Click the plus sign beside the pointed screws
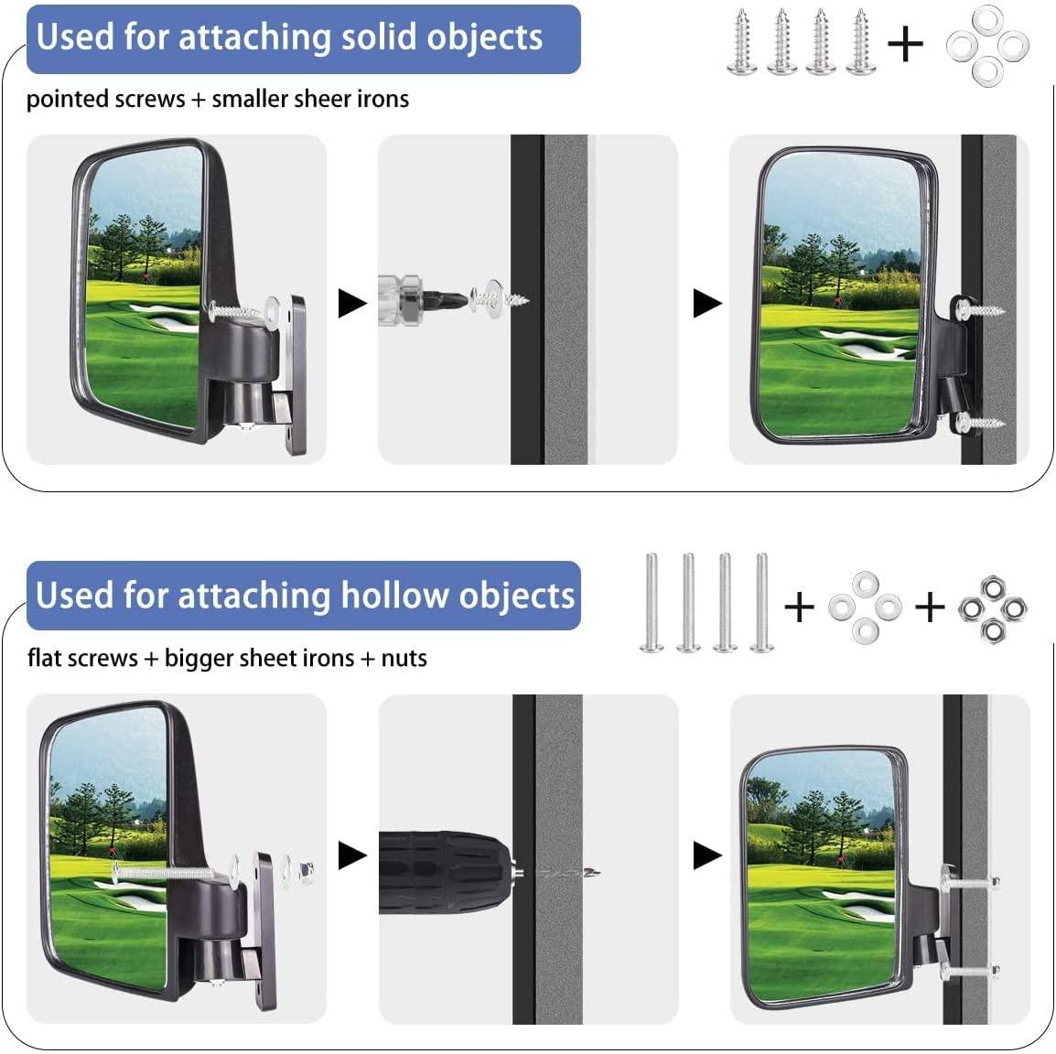906,43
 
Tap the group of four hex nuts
992,607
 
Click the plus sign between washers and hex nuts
930,606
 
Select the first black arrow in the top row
352,303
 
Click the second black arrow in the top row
706,303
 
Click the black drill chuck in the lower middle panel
445,872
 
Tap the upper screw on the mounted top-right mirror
980,309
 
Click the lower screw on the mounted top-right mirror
981,423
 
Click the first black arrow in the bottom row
352,856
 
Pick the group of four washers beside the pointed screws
986,43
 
